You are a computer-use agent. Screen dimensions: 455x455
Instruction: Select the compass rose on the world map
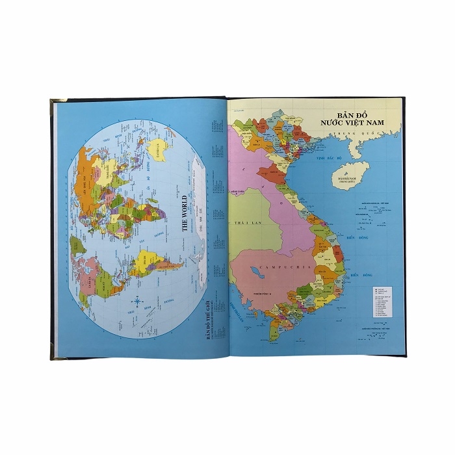pyautogui.click(x=137, y=301)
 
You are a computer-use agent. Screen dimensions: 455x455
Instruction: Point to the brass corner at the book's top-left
pyautogui.click(x=55, y=101)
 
